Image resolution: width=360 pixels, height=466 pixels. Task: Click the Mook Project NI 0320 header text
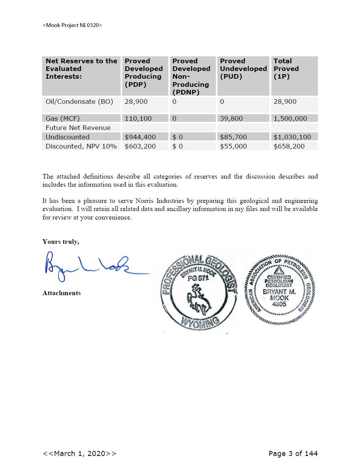pyautogui.click(x=72, y=25)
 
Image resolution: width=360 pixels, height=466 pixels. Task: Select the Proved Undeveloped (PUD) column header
pyautogui.click(x=243, y=69)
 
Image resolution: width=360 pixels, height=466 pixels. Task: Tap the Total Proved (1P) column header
pyautogui.click(x=286, y=69)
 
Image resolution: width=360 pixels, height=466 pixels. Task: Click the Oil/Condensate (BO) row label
pyautogui.click(x=79, y=102)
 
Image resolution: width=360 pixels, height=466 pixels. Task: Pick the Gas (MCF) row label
pyautogui.click(x=62, y=118)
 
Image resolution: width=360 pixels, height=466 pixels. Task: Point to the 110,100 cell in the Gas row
pyautogui.click(x=138, y=118)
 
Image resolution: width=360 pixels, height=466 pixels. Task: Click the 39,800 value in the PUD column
pyautogui.click(x=231, y=118)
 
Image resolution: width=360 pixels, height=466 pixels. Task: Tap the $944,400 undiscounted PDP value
pyautogui.click(x=140, y=137)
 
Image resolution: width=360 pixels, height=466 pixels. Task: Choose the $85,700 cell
pyautogui.click(x=233, y=137)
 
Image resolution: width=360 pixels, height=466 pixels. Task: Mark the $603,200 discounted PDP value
pyautogui.click(x=140, y=146)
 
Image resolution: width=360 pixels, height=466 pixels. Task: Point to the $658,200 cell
pyautogui.click(x=289, y=146)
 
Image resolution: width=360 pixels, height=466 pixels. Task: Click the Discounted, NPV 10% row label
pyautogui.click(x=81, y=146)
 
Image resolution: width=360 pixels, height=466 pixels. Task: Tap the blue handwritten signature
pyautogui.click(x=93, y=266)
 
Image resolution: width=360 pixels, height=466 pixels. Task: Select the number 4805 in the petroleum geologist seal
pyautogui.click(x=279, y=304)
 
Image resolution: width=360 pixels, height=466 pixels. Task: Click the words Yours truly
pyautogui.click(x=61, y=242)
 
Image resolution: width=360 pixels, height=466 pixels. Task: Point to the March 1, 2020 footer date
pyautogui.click(x=79, y=454)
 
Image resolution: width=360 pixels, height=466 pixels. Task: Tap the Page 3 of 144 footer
pyautogui.click(x=293, y=454)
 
